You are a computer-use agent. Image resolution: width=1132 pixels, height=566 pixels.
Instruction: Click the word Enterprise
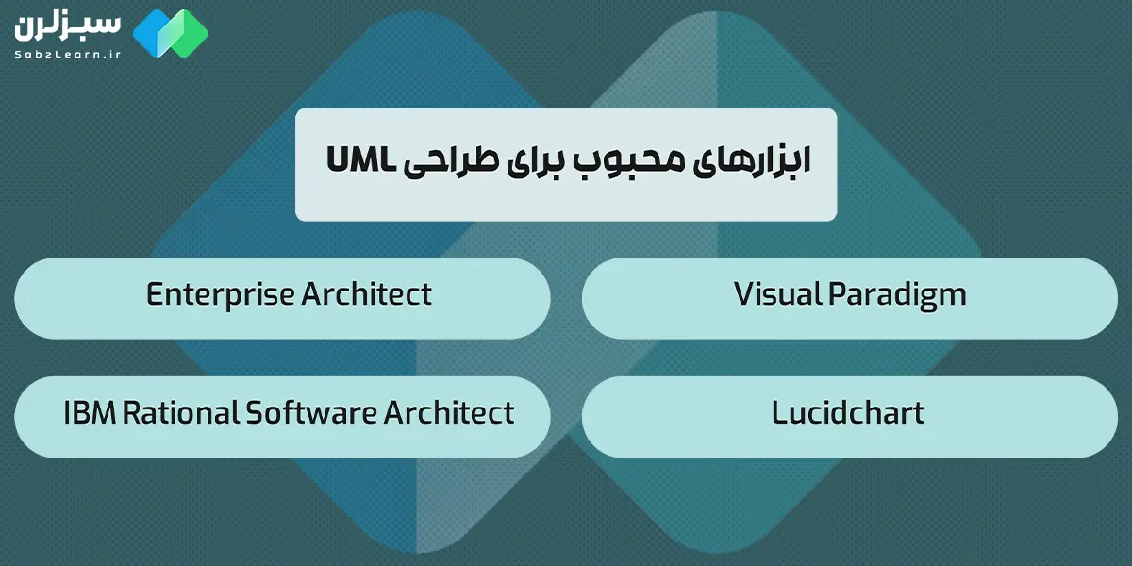(221, 294)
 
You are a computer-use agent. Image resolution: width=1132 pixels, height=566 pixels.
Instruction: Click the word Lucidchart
(847, 413)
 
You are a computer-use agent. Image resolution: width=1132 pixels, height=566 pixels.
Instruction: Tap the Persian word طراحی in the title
(446, 162)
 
